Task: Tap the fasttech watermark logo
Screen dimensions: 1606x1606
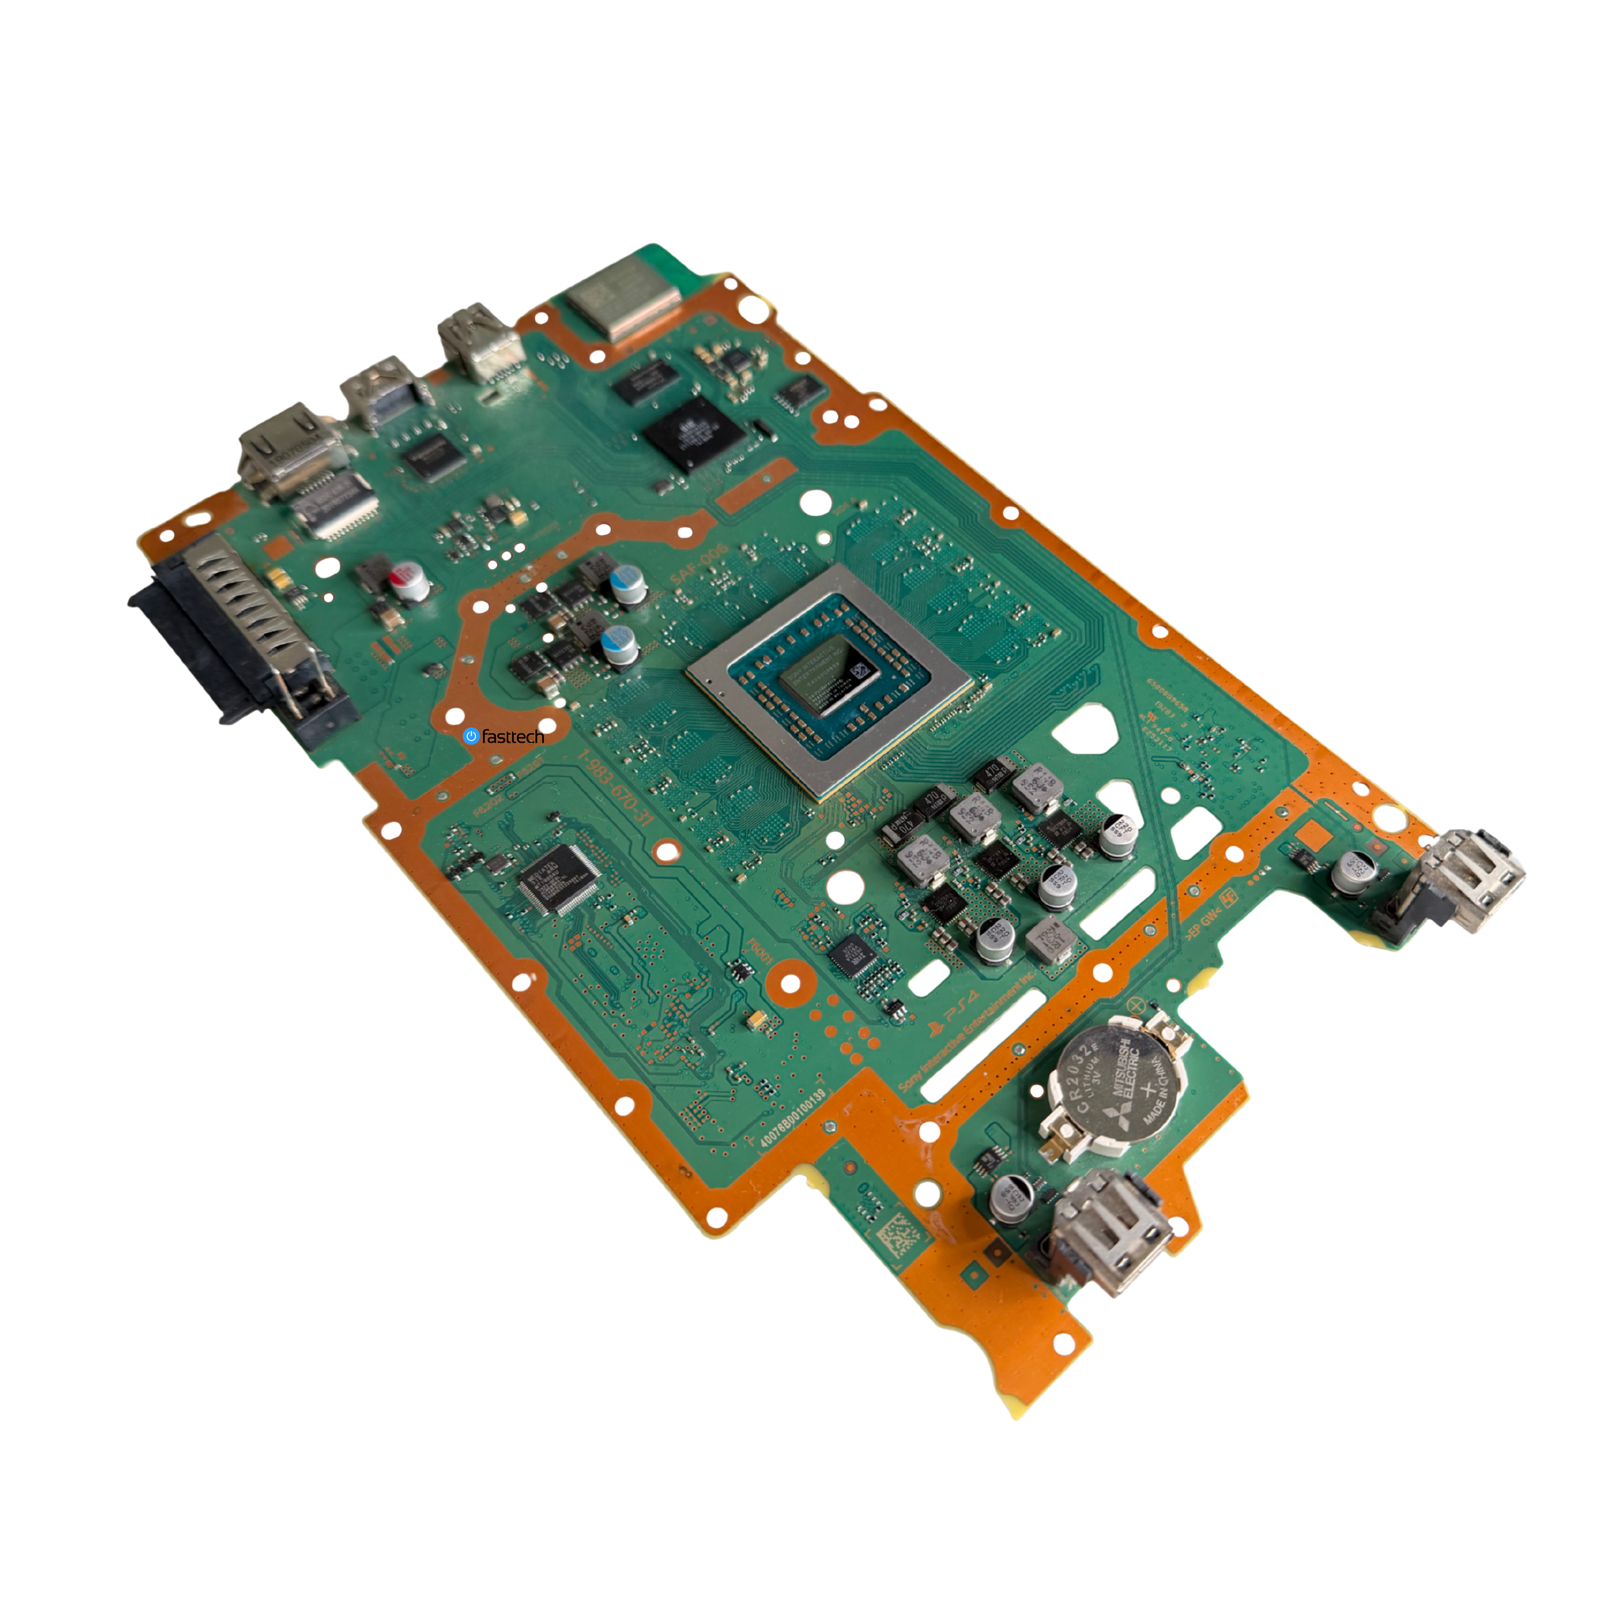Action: click(504, 736)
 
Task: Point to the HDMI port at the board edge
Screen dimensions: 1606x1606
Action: click(287, 453)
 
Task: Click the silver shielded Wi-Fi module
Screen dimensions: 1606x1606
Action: click(622, 297)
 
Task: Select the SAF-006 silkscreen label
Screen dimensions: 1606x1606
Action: click(698, 565)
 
